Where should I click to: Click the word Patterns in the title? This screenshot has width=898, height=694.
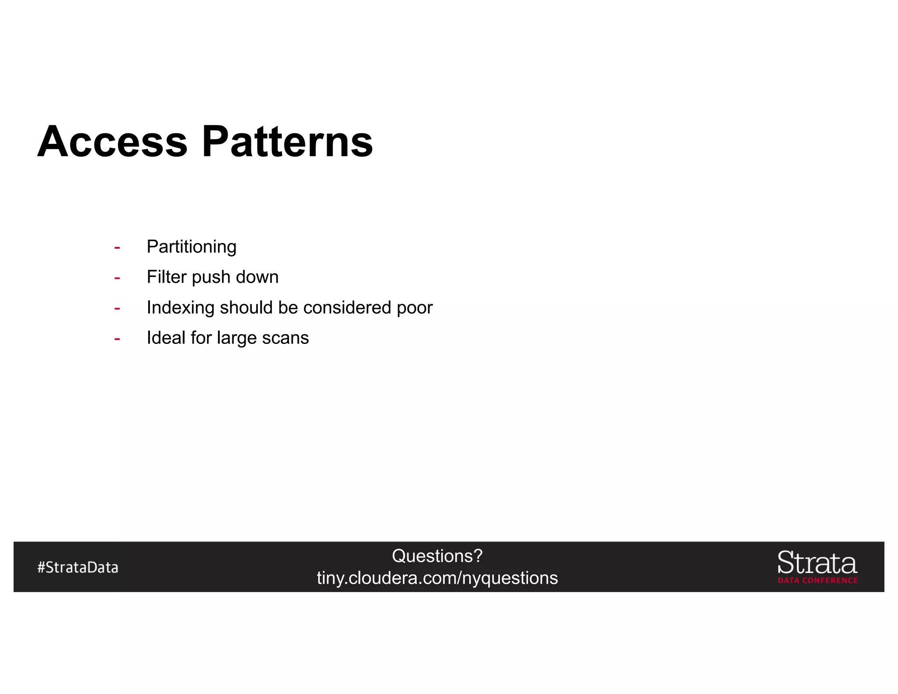(287, 142)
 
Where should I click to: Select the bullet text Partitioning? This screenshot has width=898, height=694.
(191, 247)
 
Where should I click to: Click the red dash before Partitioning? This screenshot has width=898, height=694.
(117, 248)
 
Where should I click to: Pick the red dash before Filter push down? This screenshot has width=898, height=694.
(117, 278)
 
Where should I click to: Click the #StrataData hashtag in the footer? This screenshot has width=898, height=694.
(78, 567)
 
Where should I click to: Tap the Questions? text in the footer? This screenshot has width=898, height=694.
(437, 556)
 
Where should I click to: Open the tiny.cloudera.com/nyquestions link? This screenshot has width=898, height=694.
(437, 578)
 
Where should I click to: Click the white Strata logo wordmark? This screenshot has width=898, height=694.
(817, 563)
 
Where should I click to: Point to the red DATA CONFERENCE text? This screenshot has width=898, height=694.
(817, 580)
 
